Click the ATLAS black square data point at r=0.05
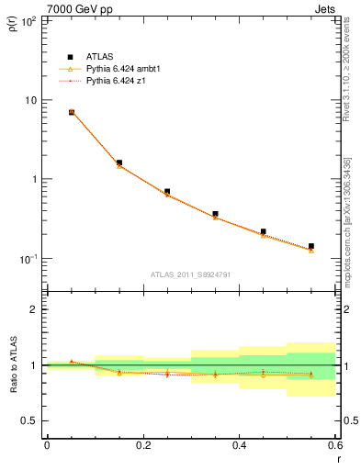point(72,112)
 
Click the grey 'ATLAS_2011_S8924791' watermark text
point(190,274)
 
